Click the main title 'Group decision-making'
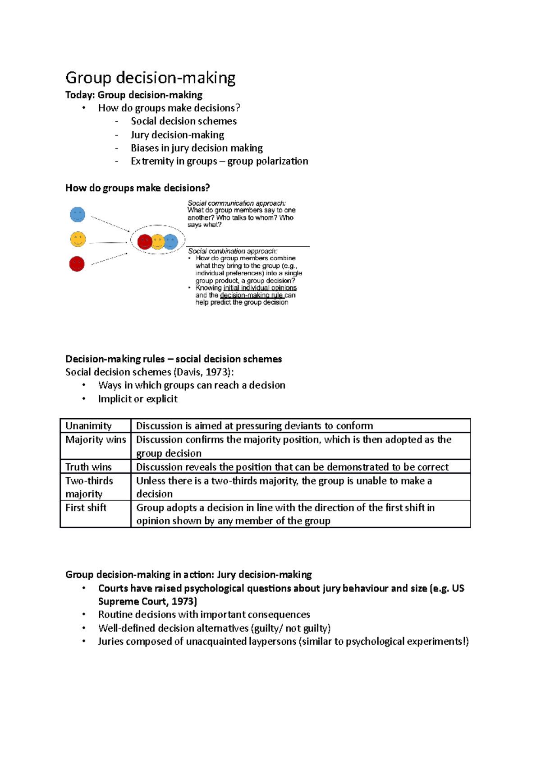coord(150,78)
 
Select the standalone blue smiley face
coord(78,214)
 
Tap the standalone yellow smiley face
coord(78,239)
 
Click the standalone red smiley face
coord(77,264)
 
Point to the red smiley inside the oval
coord(144,242)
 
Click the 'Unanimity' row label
coord(88,426)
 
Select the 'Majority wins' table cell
coord(96,440)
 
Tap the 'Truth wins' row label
coord(88,467)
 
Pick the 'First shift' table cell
coord(86,508)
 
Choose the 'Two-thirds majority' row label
coord(89,487)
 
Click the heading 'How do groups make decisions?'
coord(138,188)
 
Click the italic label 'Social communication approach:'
coord(237,203)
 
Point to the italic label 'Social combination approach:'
coord(233,251)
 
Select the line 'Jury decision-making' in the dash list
coord(177,135)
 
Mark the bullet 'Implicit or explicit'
coord(138,399)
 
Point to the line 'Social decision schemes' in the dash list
coord(183,121)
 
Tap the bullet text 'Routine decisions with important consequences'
coord(204,615)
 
